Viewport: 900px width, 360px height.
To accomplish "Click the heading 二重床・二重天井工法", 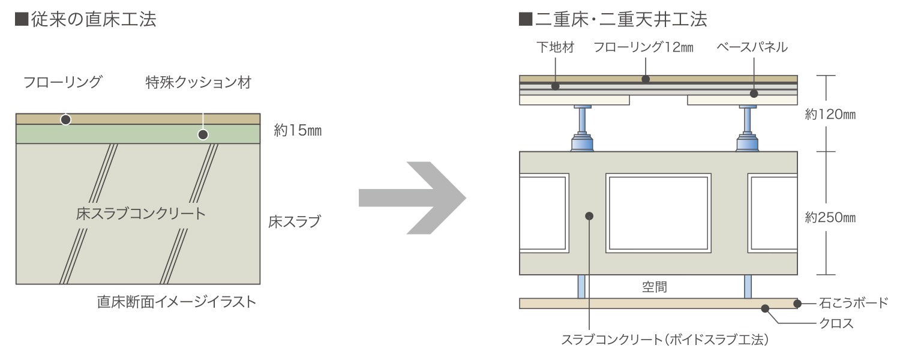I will coord(613,20).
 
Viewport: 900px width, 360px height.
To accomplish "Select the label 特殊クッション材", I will coord(198,82).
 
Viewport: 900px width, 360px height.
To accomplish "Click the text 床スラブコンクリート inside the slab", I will coord(141,213).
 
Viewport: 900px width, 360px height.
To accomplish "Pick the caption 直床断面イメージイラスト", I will coord(176,302).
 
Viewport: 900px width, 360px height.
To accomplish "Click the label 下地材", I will coord(555,48).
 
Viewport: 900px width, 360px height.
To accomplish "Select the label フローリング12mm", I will coord(643,48).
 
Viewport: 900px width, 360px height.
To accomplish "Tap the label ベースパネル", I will coord(752,48).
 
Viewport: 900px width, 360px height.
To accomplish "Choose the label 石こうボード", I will coord(853,303).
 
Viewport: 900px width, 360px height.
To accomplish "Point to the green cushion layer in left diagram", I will coord(138,134).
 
